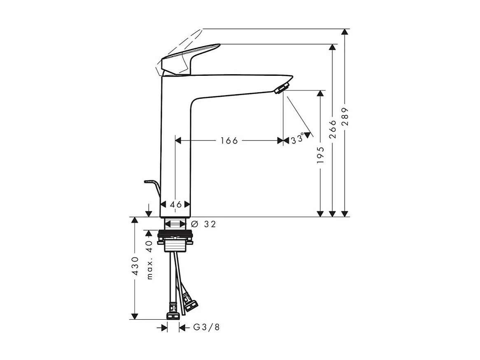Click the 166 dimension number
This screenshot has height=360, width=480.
(229, 141)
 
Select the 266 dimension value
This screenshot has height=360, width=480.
(333, 129)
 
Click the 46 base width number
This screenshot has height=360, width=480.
(176, 204)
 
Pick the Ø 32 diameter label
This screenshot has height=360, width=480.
(204, 224)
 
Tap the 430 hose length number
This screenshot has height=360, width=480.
(134, 268)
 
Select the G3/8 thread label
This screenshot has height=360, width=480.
(206, 327)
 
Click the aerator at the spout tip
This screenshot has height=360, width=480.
(282, 88)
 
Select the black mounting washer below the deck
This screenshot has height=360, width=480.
(175, 235)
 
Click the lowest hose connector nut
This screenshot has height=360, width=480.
(173, 316)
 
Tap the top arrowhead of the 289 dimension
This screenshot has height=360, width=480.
(345, 32)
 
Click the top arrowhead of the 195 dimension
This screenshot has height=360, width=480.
(320, 94)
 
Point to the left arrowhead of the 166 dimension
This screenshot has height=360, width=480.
(178, 140)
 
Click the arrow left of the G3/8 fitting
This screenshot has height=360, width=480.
(163, 327)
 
